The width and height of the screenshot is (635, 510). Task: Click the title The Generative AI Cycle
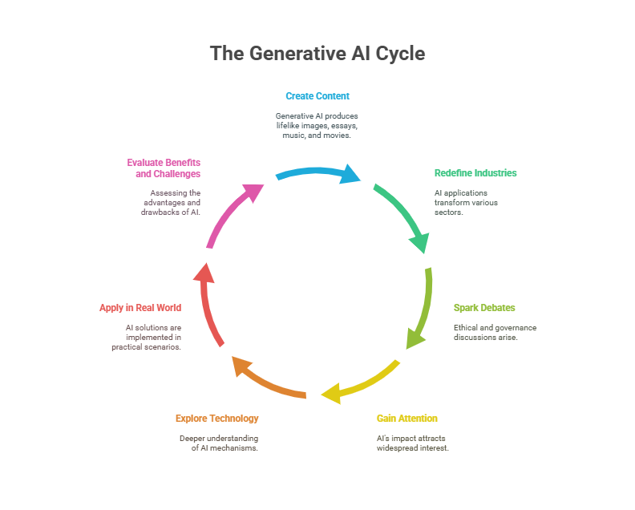[x=317, y=54]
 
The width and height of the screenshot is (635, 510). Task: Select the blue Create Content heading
[x=317, y=96]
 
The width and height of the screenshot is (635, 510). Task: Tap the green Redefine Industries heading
[x=475, y=173]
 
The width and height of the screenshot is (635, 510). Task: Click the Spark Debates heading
[x=484, y=308]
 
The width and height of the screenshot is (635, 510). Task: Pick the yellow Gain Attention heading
[x=406, y=419]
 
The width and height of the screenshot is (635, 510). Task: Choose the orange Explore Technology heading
[x=217, y=419]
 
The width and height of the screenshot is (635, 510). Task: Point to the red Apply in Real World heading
[x=140, y=308]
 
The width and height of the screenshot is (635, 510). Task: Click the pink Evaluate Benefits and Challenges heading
[x=164, y=168]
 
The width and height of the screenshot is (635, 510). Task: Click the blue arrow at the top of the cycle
[x=317, y=172]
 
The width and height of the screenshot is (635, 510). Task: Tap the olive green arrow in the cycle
[x=422, y=309]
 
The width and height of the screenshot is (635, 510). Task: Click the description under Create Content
[x=317, y=126]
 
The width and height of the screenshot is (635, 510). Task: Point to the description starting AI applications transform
[x=466, y=203]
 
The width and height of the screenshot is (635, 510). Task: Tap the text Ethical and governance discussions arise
[x=495, y=333]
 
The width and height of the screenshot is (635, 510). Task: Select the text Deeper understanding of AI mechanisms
[x=219, y=443]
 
